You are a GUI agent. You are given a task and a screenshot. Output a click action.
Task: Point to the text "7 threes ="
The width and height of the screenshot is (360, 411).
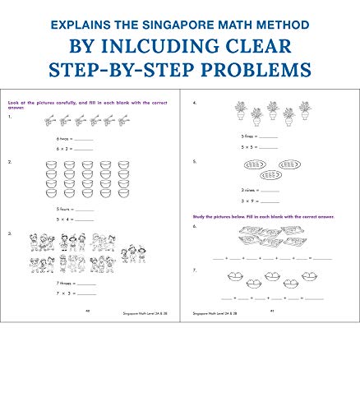point(61,282)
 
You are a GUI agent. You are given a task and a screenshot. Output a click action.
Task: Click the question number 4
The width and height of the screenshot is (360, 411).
point(194,104)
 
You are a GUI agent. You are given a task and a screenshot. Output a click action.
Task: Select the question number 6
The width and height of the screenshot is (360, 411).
point(194,225)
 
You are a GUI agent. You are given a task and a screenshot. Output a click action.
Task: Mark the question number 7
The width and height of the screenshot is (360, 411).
point(194,270)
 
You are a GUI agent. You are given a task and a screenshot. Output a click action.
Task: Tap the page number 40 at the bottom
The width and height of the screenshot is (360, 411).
point(87,312)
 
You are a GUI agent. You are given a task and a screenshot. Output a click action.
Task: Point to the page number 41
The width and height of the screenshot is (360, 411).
point(270,312)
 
